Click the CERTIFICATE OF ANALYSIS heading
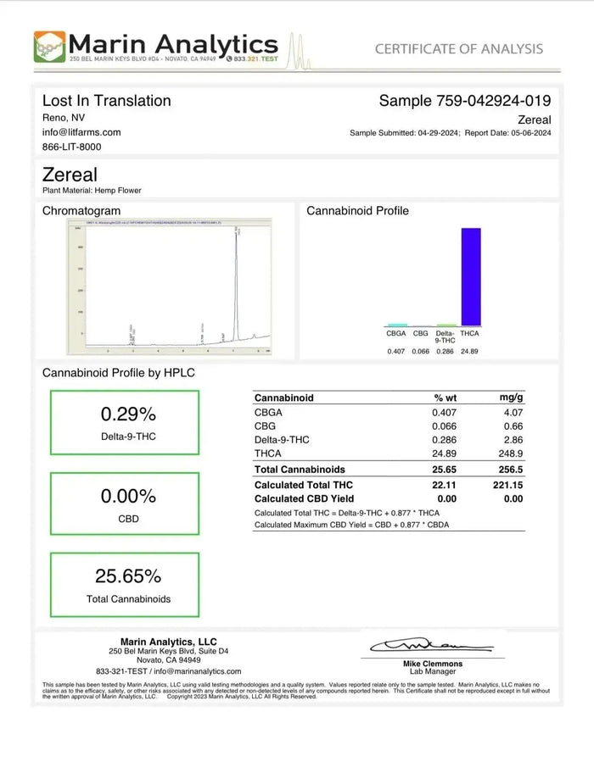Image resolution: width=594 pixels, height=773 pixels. [x=459, y=48]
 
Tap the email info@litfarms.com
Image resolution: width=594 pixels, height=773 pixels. [x=81, y=132]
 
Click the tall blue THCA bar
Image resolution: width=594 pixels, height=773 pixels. [x=470, y=276]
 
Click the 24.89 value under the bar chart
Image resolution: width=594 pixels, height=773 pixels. [x=470, y=351]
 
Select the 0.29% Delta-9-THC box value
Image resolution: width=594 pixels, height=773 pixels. [x=128, y=414]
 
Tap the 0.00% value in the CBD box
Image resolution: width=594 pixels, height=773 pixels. [x=128, y=496]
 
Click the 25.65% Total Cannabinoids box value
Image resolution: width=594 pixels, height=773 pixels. [x=128, y=576]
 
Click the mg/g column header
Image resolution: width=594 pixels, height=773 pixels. [x=511, y=398]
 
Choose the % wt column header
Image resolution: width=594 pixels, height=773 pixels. [x=445, y=398]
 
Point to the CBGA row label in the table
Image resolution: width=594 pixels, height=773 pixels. [x=267, y=412]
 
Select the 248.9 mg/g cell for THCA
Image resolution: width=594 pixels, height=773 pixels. [x=511, y=454]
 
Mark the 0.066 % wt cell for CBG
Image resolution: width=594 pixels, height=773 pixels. [x=445, y=426]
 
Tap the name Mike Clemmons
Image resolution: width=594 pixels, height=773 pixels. [x=433, y=664]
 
